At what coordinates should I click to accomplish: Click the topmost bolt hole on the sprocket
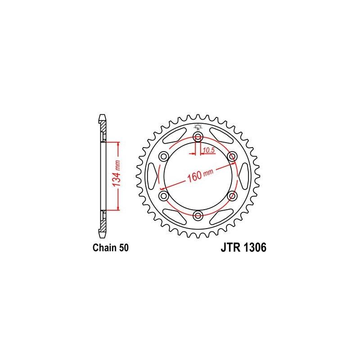click(x=198, y=137)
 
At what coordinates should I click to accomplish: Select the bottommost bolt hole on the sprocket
click(x=198, y=216)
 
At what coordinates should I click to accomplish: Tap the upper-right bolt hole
click(x=232, y=156)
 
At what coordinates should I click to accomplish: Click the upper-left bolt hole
click(x=163, y=156)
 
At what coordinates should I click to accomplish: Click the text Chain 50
click(x=111, y=248)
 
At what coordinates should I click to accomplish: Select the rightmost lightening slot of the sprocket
click(x=242, y=176)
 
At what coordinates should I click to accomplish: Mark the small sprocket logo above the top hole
click(x=198, y=126)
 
